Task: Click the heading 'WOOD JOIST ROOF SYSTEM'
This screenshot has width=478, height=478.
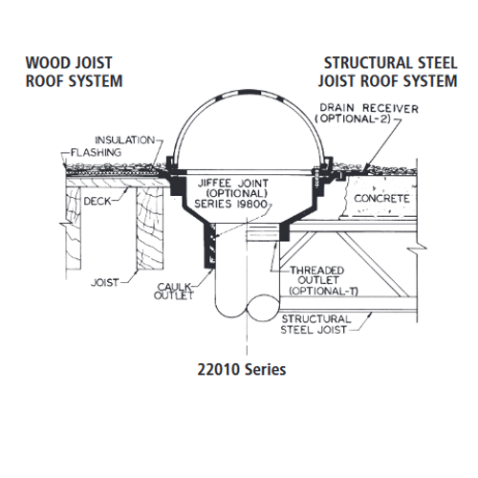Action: tap(74, 72)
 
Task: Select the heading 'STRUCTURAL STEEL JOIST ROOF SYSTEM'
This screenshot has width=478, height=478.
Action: tap(388, 72)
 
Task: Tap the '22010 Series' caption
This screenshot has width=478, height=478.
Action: tap(242, 370)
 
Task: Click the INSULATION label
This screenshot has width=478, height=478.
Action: tap(125, 141)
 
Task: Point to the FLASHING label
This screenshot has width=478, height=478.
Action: tap(96, 153)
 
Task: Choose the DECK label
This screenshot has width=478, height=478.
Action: tap(98, 202)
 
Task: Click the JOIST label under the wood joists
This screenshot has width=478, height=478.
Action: tap(105, 283)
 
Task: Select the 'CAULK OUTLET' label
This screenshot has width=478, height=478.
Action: tap(174, 291)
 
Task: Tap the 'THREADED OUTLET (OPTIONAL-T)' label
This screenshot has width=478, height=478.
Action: tap(319, 281)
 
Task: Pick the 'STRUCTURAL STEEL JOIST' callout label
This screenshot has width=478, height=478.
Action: tap(315, 324)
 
